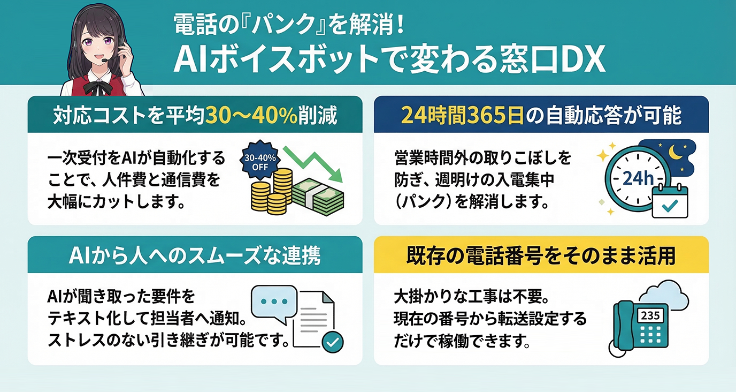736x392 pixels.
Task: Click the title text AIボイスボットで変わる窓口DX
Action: point(389,61)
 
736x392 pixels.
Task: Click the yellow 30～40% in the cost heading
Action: point(251,116)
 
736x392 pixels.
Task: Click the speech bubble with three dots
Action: point(273,301)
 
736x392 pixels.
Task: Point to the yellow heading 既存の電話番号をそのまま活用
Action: point(541,255)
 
